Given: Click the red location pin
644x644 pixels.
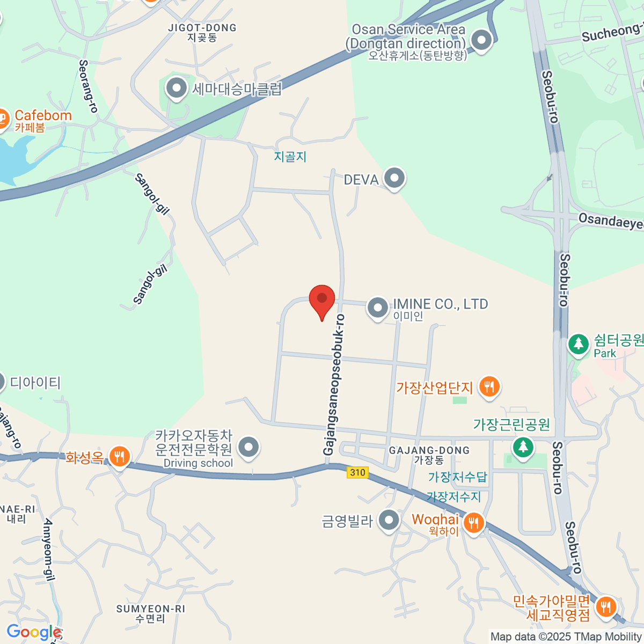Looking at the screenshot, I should pyautogui.click(x=322, y=299).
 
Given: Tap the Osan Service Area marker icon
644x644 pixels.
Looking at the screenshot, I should pyautogui.click(x=481, y=40).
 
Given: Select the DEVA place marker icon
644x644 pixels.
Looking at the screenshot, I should pyautogui.click(x=394, y=178).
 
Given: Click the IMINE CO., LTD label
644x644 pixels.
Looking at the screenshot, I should pyautogui.click(x=440, y=304).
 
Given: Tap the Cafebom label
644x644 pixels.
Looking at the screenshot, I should pyautogui.click(x=43, y=115).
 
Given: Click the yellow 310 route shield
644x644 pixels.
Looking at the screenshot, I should pyautogui.click(x=357, y=472).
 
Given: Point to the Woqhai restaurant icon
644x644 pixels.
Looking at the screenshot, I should pyautogui.click(x=473, y=522).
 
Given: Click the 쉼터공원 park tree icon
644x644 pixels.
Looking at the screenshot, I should pyautogui.click(x=579, y=344).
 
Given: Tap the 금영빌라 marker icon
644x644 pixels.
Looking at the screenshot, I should pyautogui.click(x=389, y=519).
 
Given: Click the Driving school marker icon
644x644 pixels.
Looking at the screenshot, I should pyautogui.click(x=248, y=447).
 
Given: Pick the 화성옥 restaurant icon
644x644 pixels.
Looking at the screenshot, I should pyautogui.click(x=119, y=457).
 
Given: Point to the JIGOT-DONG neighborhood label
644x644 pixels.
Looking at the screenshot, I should pyautogui.click(x=202, y=28).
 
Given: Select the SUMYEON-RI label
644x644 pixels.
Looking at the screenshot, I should pyautogui.click(x=151, y=609).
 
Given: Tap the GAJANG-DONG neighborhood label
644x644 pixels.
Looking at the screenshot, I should pyautogui.click(x=429, y=451).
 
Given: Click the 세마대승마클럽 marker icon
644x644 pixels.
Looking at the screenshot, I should pyautogui.click(x=176, y=87).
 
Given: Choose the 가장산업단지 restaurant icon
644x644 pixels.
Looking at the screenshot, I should pyautogui.click(x=489, y=386).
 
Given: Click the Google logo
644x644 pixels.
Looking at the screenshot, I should pyautogui.click(x=33, y=632).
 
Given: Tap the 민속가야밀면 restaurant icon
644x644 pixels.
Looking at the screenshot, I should pyautogui.click(x=605, y=606).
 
